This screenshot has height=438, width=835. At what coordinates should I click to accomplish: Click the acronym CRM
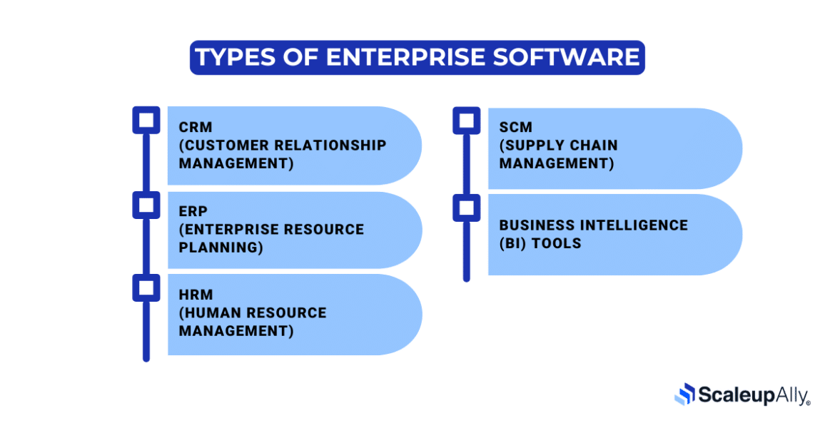pos(196,128)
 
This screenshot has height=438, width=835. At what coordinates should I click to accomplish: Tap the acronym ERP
pos(193,212)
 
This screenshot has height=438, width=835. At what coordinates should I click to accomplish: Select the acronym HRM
pos(196,295)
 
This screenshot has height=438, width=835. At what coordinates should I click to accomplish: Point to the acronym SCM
pos(515,128)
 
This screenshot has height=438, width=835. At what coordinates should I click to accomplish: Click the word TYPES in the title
pos(236,57)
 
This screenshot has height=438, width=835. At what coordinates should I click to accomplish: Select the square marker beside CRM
pos(146,120)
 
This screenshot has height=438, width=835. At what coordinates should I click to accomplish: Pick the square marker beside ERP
pos(146,205)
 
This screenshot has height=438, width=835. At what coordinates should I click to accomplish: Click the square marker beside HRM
pos(146,287)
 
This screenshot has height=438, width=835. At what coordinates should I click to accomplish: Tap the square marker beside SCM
pos(467,120)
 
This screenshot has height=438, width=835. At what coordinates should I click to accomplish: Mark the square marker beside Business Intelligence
pos(467,208)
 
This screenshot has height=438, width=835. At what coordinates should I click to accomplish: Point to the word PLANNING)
pos(221,248)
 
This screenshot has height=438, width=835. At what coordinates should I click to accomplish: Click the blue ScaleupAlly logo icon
pos(684,394)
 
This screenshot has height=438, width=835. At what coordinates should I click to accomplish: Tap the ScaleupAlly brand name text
pos(752,394)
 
